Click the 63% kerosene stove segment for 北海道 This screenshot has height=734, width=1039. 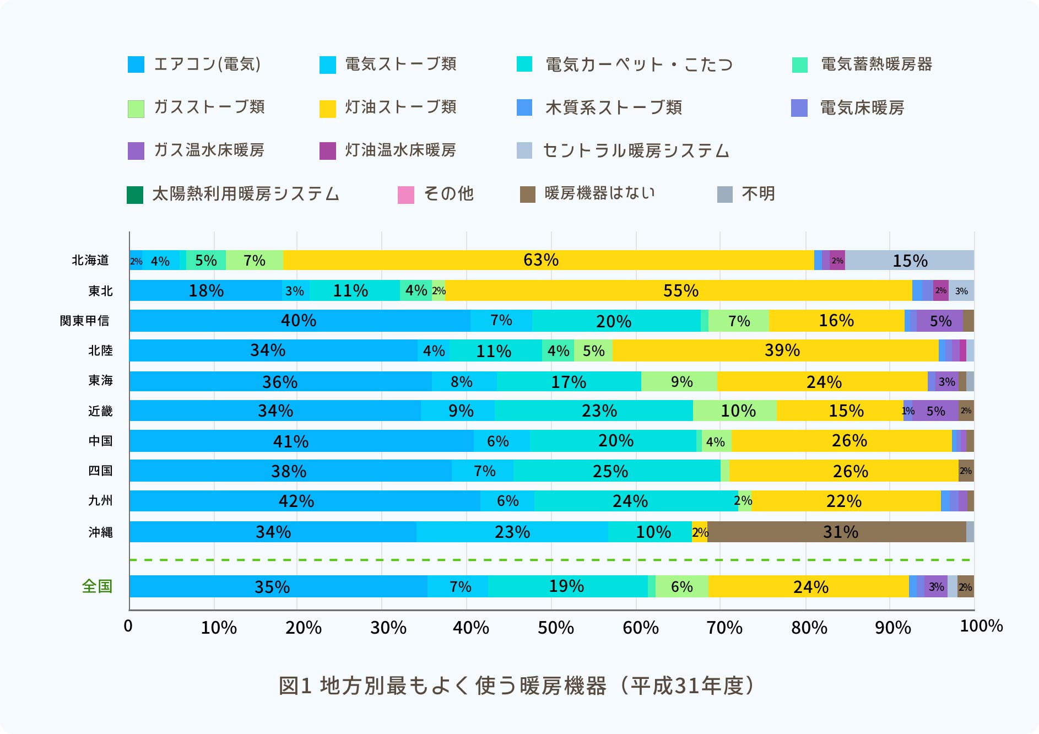549,260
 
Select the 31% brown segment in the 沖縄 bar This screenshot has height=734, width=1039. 837,532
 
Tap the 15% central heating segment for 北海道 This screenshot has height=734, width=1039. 910,260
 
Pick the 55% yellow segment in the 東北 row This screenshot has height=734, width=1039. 679,290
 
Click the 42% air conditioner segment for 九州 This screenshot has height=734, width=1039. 305,501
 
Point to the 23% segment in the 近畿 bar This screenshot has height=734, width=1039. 594,411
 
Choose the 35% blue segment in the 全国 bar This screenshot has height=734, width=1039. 278,586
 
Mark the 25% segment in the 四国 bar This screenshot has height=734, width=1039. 617,471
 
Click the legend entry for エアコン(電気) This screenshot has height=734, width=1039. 194,64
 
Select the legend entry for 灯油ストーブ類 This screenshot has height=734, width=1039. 388,107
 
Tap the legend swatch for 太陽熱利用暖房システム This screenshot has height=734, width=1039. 135,195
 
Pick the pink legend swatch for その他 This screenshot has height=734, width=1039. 406,195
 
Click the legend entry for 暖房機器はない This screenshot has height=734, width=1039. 588,194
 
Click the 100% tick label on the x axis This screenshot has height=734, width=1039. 981,626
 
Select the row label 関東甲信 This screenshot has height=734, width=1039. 85,321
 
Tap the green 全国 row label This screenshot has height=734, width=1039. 97,586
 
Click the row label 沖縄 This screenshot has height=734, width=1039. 100,532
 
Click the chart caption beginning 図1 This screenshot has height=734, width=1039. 517,686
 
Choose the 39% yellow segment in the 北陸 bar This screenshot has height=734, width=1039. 776,350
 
